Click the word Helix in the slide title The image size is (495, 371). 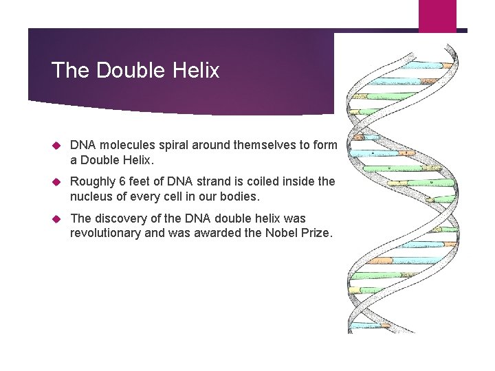point(196,70)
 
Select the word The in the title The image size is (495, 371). point(69,70)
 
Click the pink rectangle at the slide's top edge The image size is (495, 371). point(437,15)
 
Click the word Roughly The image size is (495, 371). point(93,182)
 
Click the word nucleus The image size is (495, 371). point(91,196)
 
